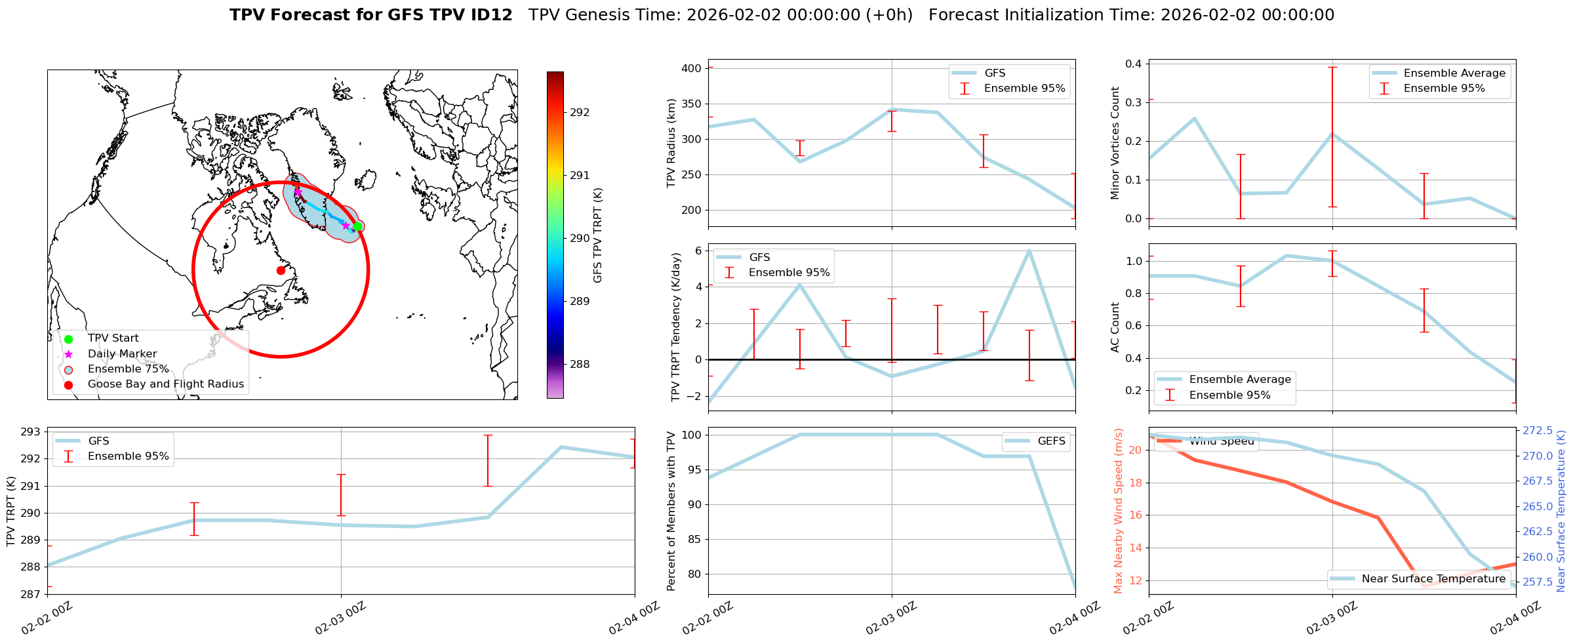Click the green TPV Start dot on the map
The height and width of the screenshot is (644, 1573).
[357, 227]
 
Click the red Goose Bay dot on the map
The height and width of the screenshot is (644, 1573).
[281, 270]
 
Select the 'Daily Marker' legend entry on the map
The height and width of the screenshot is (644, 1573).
[122, 354]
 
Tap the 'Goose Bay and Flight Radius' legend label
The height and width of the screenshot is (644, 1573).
[165, 384]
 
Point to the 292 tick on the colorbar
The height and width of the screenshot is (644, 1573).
[579, 113]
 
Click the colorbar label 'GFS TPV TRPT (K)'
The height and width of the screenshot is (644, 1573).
[597, 235]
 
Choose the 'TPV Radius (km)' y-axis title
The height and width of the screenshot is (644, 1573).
[671, 143]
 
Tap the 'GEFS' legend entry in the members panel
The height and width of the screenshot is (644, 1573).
[1051, 441]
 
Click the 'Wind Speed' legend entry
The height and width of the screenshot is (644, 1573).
[1222, 441]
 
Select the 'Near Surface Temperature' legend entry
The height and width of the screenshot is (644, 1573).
[1433, 579]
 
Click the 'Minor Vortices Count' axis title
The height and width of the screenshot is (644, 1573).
[1115, 143]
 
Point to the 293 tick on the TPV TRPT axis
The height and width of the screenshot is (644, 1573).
[31, 432]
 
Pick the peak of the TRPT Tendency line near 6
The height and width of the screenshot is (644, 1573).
[1029, 251]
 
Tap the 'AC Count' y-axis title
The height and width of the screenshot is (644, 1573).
[1115, 327]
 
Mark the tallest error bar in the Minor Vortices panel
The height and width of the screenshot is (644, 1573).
[1332, 137]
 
